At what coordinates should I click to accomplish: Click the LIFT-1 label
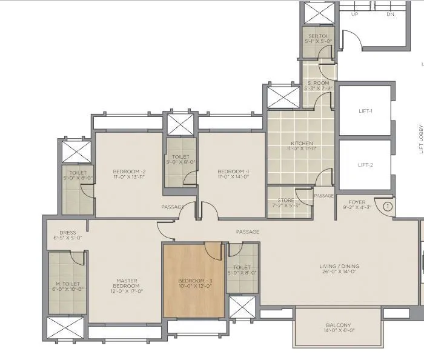[365, 111]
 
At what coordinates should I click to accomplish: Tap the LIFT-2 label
[365, 165]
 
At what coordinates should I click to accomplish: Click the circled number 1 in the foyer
[388, 206]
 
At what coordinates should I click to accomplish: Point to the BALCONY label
[338, 325]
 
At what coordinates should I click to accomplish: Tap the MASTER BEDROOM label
[127, 284]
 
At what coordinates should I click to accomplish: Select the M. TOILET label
[67, 284]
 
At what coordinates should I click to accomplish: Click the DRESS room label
[68, 232]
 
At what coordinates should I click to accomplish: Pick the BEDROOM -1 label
[233, 172]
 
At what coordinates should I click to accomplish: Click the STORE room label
[286, 200]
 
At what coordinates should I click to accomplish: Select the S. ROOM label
[318, 82]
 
